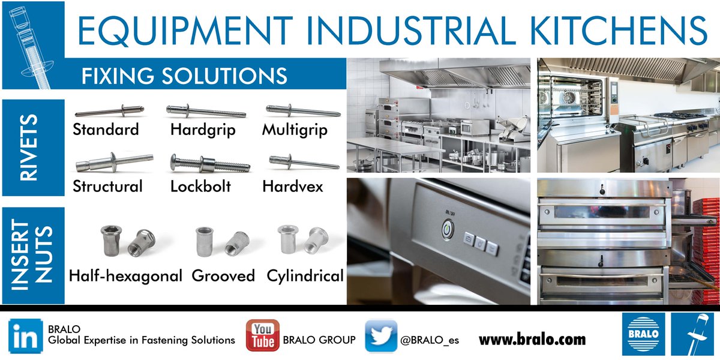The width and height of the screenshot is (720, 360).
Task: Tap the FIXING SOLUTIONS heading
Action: pyautogui.click(x=184, y=76)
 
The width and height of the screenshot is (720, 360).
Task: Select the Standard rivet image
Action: pyautogui.click(x=109, y=111)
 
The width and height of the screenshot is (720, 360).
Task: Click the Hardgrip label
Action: pyautogui.click(x=203, y=130)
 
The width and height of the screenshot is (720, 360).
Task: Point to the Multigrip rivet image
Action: pyautogui.click(x=302, y=112)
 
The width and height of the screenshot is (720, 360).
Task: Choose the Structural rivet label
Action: pyautogui.click(x=108, y=186)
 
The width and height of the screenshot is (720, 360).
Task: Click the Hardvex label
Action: pyautogui.click(x=293, y=186)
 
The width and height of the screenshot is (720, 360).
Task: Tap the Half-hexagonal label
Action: pyautogui.click(x=125, y=276)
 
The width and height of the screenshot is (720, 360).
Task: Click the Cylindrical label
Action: pyautogui.click(x=305, y=276)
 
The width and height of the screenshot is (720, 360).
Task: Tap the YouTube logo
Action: pyautogui.click(x=262, y=335)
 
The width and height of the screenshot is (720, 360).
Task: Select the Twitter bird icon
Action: pyautogui.click(x=381, y=335)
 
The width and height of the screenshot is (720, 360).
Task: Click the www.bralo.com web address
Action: pyautogui.click(x=532, y=340)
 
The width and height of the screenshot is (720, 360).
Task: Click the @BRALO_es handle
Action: pyautogui.click(x=430, y=340)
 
